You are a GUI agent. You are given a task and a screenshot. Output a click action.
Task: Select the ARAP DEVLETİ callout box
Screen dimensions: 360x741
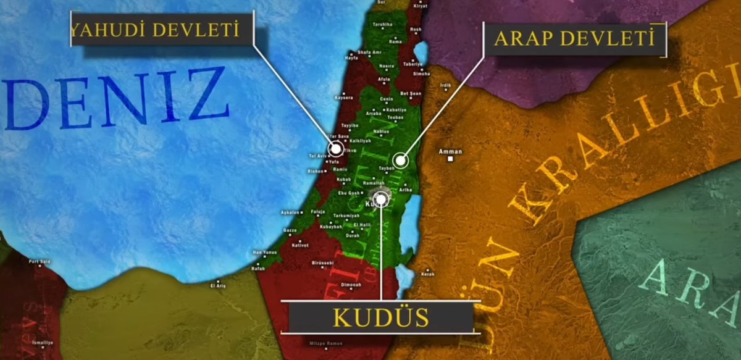point(574,39)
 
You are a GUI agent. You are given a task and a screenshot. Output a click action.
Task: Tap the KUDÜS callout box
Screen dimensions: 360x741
point(381,317)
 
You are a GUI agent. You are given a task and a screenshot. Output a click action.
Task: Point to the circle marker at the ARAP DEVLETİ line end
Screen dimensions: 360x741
point(401,161)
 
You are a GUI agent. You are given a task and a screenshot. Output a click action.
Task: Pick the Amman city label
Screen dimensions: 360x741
point(450,151)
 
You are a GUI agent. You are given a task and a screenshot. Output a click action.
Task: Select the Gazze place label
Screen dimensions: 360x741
point(290,230)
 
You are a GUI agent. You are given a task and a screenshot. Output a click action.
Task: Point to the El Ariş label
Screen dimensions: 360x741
point(218,286)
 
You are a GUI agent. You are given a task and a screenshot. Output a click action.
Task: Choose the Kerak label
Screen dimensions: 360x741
point(428,274)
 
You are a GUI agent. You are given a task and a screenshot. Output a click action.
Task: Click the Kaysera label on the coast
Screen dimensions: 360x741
point(343,98)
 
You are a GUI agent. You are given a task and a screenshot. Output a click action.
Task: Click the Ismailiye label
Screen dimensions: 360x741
point(43,342)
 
